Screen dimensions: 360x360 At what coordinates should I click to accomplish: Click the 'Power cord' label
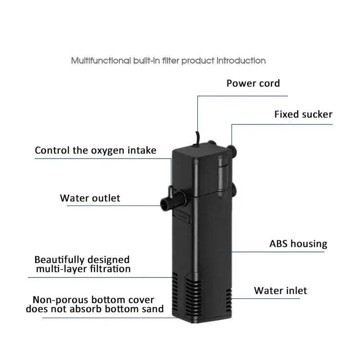[x=253, y=83]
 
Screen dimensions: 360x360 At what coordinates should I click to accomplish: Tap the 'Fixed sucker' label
[x=303, y=114]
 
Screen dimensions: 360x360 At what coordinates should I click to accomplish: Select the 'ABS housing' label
[x=298, y=244]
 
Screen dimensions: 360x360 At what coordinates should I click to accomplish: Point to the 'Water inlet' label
[x=280, y=291]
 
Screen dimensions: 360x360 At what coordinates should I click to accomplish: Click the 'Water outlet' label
[x=90, y=198]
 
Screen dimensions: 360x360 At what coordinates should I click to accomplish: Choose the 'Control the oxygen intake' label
[x=95, y=150]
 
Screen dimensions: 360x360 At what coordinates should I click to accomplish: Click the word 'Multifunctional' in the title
[x=101, y=61]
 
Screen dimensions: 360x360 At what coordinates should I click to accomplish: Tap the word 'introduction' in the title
[x=241, y=61]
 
